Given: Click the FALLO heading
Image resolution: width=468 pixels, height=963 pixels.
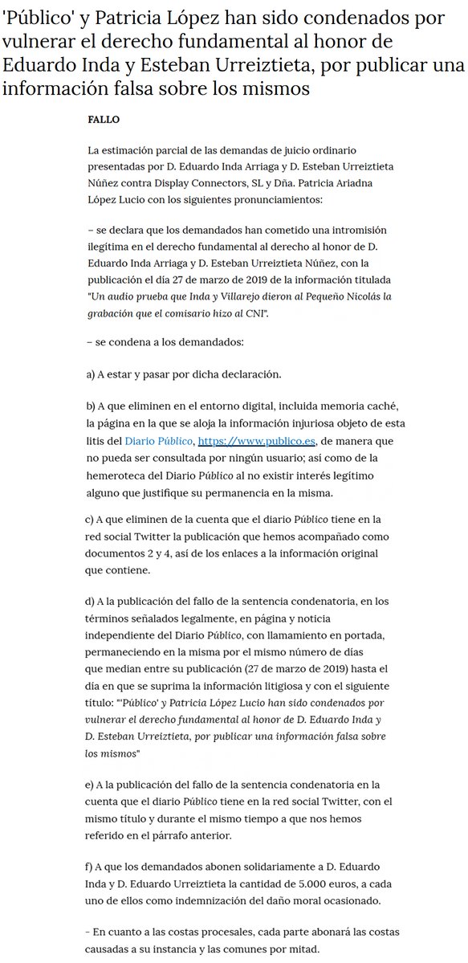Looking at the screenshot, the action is point(103,120).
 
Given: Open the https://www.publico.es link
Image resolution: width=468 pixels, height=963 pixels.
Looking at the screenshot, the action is point(257,440).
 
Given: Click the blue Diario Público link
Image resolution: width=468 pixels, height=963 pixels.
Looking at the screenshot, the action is point(158,440).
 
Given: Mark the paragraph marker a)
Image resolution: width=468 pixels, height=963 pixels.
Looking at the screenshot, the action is point(92,375).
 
